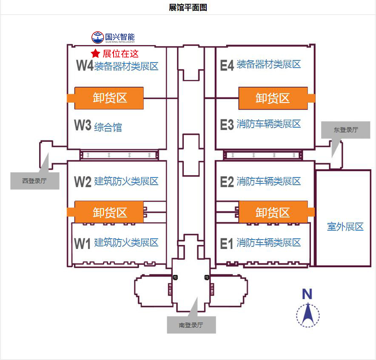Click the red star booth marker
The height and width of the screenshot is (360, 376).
pos(96,54)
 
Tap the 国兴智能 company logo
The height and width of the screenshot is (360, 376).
pos(113,37)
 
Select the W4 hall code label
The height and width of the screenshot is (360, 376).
pos(85,66)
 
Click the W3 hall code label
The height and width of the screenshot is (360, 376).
pos(83,126)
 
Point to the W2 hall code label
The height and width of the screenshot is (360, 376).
pos(83,182)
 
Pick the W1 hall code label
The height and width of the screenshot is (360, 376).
pos(83,244)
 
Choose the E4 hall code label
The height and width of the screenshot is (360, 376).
pos(227,65)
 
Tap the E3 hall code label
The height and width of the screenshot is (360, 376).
pos(227,125)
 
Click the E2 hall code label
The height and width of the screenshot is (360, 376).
pos(227,182)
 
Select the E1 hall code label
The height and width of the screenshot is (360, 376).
pos(227,243)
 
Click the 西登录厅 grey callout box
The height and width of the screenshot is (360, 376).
pos(35,180)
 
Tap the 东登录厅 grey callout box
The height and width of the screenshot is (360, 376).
pos(346,130)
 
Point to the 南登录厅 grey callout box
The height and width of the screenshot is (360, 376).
pos(191,325)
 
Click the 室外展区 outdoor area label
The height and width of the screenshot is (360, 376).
pos(345,226)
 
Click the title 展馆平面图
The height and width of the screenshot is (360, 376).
pos(188,8)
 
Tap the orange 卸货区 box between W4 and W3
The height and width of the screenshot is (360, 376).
pos(109,98)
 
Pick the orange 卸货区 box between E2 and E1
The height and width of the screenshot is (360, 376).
pos(273,212)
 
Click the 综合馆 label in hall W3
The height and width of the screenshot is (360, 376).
pos(108,127)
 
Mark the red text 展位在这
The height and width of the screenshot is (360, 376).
pos(121,54)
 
